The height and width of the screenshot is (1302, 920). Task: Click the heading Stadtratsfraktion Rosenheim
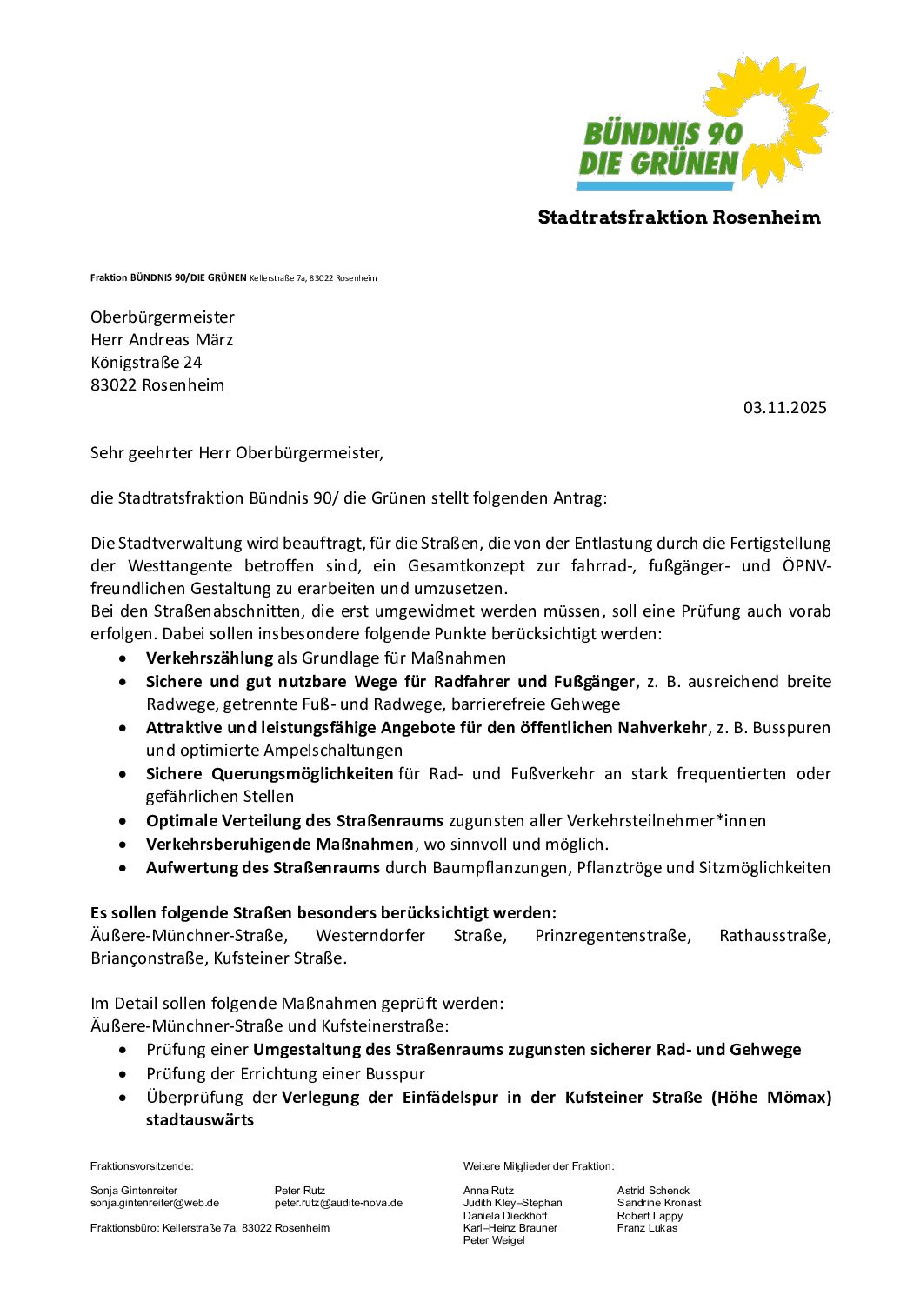pyautogui.click(x=679, y=217)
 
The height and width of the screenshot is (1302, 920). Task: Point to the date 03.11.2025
pyautogui.click(x=784, y=408)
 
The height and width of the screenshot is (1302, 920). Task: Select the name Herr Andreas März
pyautogui.click(x=162, y=340)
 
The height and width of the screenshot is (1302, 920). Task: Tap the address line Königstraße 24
pyautogui.click(x=146, y=363)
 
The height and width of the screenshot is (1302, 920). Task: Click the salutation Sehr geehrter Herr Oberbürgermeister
pyautogui.click(x=237, y=453)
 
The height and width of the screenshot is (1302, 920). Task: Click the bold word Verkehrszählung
pyautogui.click(x=210, y=658)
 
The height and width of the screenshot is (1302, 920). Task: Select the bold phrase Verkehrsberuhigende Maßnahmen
pyautogui.click(x=279, y=845)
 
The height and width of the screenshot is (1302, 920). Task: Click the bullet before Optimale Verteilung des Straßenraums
pyautogui.click(x=127, y=821)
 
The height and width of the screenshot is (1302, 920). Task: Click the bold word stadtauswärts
pyautogui.click(x=200, y=1120)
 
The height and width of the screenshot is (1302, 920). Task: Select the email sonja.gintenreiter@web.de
pyautogui.click(x=155, y=1203)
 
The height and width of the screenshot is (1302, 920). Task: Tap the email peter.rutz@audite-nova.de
pyautogui.click(x=338, y=1203)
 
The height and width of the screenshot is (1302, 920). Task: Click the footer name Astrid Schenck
pyautogui.click(x=653, y=1191)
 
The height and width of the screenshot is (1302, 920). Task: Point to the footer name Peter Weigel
pyautogui.click(x=494, y=1240)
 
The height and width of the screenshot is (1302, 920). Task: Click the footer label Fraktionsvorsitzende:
pyautogui.click(x=142, y=1166)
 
